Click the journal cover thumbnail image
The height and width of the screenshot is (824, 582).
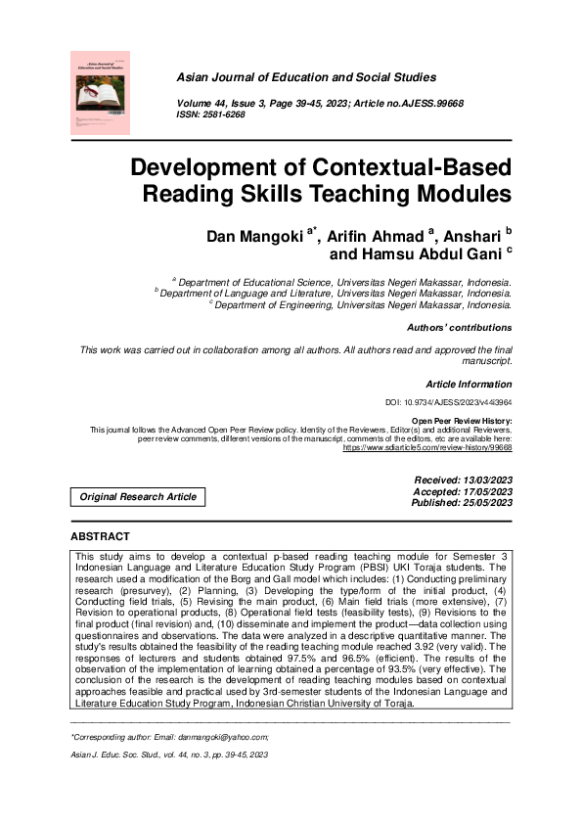(x=101, y=93)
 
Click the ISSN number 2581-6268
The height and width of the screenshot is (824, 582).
(x=224, y=114)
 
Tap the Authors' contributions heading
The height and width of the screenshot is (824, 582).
(x=458, y=328)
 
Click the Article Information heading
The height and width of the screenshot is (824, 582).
(x=469, y=385)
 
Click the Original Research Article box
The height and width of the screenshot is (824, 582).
(x=138, y=497)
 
